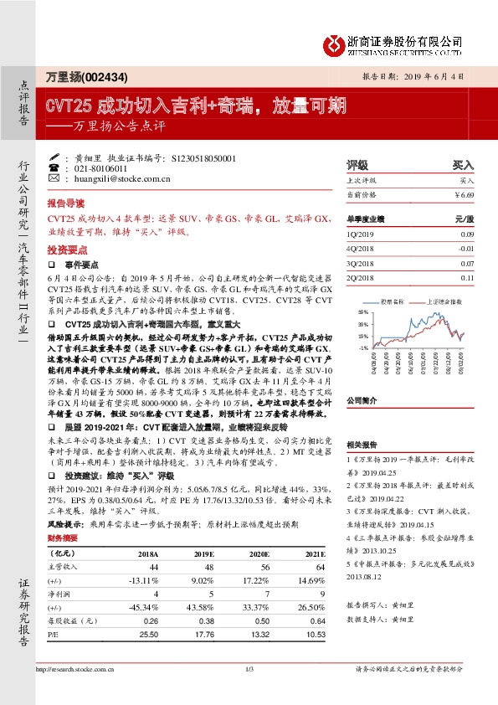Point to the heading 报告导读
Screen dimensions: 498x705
click(x=66, y=203)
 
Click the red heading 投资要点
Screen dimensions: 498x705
click(x=66, y=250)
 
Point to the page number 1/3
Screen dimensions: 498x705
click(x=249, y=669)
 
